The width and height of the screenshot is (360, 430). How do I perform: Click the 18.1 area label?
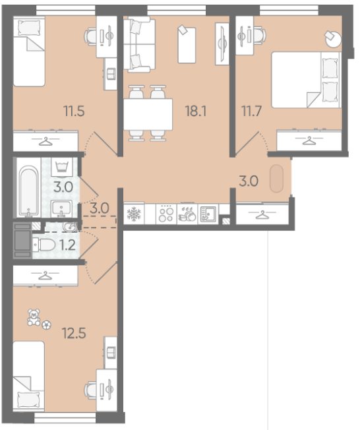196,111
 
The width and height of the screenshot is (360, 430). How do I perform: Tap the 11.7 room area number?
251,111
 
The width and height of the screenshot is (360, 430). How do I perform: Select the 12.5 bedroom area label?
74,334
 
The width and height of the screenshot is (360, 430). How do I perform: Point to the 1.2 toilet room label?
67,245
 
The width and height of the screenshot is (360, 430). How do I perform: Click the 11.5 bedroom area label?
74,111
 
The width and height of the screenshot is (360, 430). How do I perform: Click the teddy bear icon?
34,317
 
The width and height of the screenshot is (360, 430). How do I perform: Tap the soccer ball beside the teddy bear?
47,325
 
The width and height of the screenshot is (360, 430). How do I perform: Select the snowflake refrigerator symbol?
134,214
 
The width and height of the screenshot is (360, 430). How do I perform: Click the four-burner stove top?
166,214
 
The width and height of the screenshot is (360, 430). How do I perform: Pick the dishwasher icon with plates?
187,214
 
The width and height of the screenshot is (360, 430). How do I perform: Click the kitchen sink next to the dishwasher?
208,214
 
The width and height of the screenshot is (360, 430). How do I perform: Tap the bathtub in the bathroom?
28,191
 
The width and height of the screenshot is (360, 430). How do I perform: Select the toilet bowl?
44,245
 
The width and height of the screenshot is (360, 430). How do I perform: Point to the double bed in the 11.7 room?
306,80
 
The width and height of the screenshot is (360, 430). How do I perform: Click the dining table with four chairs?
148,113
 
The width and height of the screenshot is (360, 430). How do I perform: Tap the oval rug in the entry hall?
276,179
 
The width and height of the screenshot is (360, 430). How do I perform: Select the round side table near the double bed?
333,39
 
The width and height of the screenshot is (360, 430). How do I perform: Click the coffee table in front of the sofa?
187,45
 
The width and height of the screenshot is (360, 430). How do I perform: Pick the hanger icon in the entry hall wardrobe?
262,215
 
